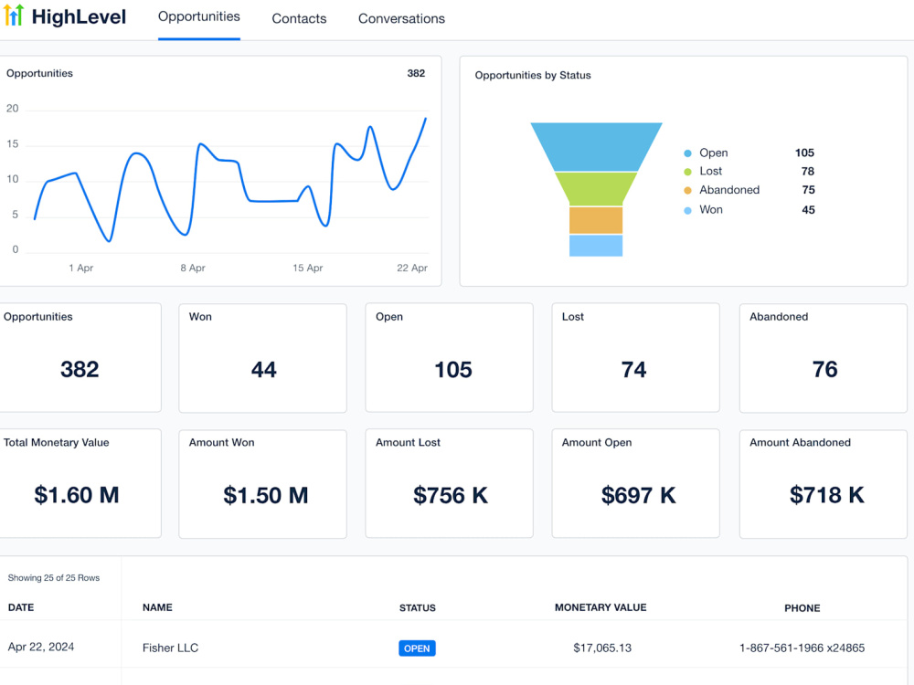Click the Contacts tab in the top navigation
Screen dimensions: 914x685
click(x=299, y=18)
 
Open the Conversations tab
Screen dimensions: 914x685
click(x=401, y=18)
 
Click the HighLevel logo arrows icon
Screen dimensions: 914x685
click(x=14, y=16)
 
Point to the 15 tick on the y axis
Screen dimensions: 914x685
click(x=12, y=144)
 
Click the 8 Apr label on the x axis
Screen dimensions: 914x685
click(x=193, y=268)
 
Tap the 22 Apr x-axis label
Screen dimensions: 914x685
click(x=412, y=268)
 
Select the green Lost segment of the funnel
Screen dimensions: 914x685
click(x=596, y=189)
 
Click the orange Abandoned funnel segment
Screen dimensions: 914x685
click(x=596, y=220)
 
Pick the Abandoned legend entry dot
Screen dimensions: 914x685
click(x=688, y=191)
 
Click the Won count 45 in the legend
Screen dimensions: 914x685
click(x=808, y=210)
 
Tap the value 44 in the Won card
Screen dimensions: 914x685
click(x=263, y=370)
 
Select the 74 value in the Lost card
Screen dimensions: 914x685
click(x=633, y=370)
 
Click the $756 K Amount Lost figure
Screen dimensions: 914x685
click(x=451, y=496)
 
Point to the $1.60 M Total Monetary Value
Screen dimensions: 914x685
click(x=77, y=495)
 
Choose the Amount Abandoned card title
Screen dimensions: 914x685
click(x=800, y=443)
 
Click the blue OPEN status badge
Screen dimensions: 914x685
click(x=417, y=648)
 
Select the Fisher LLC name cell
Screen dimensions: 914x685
click(x=170, y=648)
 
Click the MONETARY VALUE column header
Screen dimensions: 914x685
click(x=600, y=607)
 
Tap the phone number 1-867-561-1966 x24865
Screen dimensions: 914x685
click(x=802, y=648)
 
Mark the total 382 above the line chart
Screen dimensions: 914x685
click(x=416, y=73)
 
